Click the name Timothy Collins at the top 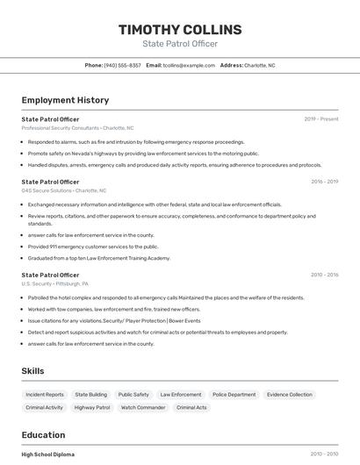[180, 30]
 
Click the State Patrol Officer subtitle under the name [180, 44]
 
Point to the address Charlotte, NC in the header [259, 65]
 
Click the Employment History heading [65, 100]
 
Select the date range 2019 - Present [321, 119]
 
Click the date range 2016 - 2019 [324, 182]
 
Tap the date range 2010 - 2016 [324, 275]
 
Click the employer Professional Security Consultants [61, 128]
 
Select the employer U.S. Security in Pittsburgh [37, 283]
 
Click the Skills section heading [33, 371]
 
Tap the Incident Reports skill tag [45, 395]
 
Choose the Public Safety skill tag [133, 395]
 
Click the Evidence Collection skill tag [289, 395]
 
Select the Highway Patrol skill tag [92, 407]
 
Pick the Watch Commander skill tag [143, 407]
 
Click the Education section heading [43, 435]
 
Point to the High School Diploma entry [48, 454]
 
